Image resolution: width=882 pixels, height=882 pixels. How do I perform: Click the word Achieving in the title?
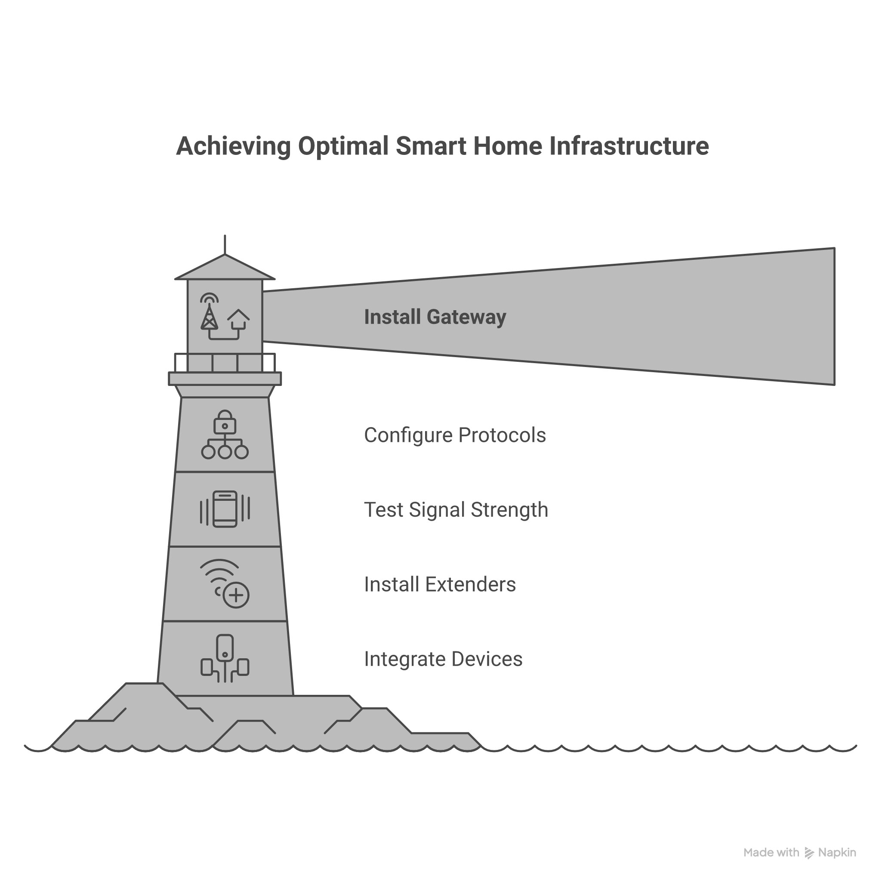click(233, 146)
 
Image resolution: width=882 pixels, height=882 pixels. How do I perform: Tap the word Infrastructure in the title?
click(629, 146)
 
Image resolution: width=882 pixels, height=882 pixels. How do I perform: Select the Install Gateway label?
click(435, 317)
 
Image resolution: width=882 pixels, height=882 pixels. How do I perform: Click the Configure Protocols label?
click(455, 435)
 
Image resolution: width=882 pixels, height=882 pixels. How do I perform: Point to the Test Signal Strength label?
click(456, 509)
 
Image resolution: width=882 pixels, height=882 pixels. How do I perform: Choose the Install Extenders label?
click(440, 584)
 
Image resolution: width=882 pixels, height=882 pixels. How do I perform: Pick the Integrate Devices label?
click(443, 659)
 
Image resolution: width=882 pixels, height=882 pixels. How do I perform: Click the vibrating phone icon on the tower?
click(225, 509)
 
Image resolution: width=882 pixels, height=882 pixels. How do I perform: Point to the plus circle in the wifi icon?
click(236, 595)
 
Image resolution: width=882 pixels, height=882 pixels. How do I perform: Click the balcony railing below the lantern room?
click(225, 362)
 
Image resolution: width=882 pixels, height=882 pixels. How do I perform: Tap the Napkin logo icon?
click(809, 853)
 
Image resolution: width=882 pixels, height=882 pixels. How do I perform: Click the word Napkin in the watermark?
click(837, 853)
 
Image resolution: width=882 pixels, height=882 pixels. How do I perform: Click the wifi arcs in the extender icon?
click(219, 571)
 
